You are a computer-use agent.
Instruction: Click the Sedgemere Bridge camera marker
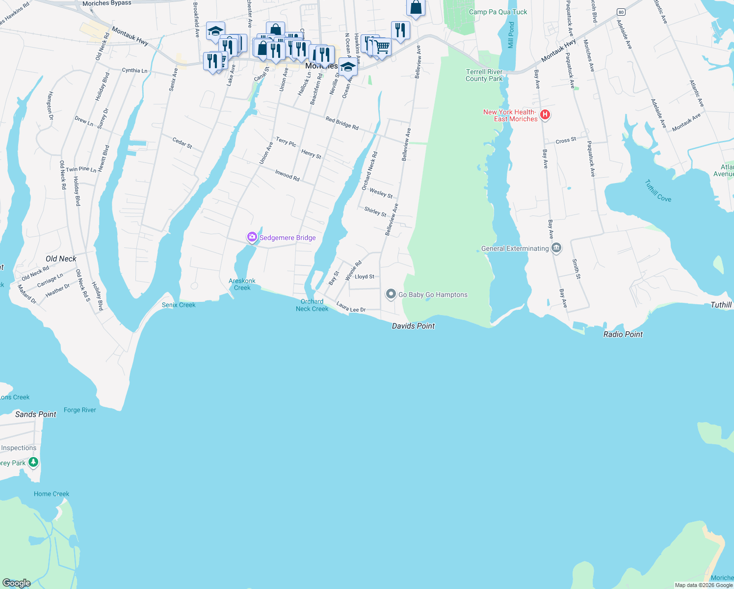pyautogui.click(x=252, y=238)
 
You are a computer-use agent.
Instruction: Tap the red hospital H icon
pyautogui.click(x=545, y=115)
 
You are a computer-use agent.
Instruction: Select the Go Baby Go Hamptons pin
pyautogui.click(x=391, y=294)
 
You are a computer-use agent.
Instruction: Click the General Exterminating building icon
pyautogui.click(x=556, y=248)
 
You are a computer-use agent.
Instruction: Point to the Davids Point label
pyautogui.click(x=413, y=326)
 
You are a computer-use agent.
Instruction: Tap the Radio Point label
pyautogui.click(x=623, y=334)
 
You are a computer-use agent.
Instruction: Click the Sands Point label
pyautogui.click(x=36, y=414)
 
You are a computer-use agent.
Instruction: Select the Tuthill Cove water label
pyautogui.click(x=658, y=191)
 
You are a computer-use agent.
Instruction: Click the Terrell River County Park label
pyautogui.click(x=484, y=75)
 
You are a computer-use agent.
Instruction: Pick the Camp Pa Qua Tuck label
pyautogui.click(x=498, y=12)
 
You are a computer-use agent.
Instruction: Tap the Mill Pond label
pyautogui.click(x=511, y=35)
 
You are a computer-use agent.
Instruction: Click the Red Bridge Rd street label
pyautogui.click(x=342, y=123)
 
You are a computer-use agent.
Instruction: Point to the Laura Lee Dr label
pyautogui.click(x=351, y=307)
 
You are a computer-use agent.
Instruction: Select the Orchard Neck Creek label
pyautogui.click(x=312, y=305)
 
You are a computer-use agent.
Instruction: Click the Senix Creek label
pyautogui.click(x=179, y=305)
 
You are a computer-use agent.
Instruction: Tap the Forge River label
pyautogui.click(x=80, y=410)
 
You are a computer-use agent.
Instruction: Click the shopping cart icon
pyautogui.click(x=382, y=47)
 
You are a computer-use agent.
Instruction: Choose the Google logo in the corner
pyautogui.click(x=17, y=583)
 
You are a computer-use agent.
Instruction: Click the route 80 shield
pyautogui.click(x=621, y=12)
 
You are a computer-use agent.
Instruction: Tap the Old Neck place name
pyautogui.click(x=61, y=259)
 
